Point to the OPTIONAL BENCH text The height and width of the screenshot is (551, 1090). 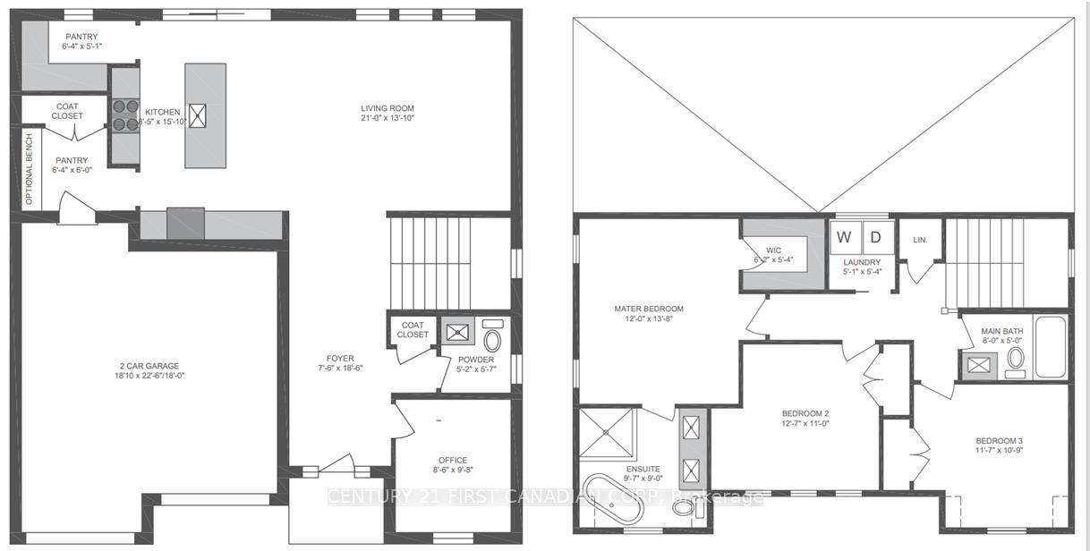30,169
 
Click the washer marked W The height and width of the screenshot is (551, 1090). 844,238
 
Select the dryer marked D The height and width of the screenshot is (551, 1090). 875,238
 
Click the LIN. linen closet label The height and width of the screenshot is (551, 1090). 920,241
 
